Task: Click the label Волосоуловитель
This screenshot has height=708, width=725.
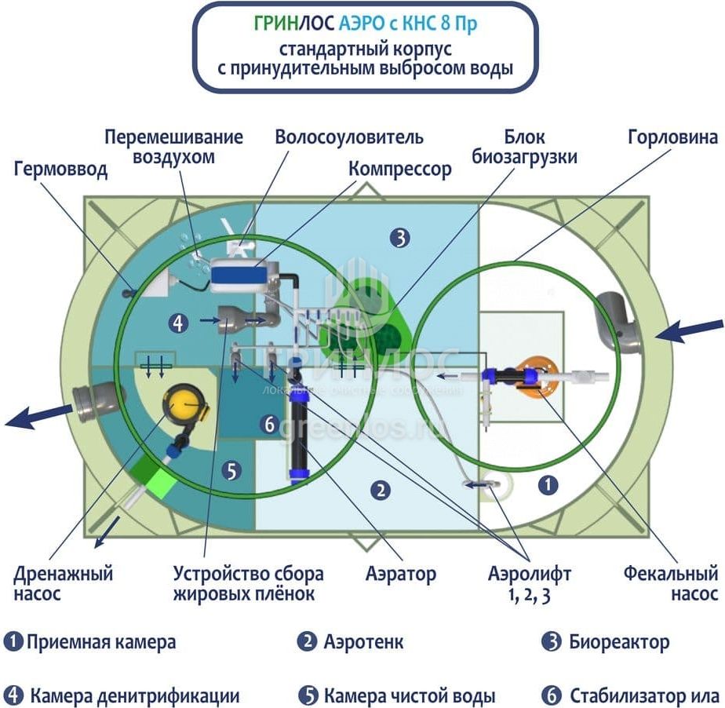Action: (348, 137)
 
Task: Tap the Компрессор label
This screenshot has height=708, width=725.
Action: (400, 169)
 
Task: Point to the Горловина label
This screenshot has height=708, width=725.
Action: (672, 137)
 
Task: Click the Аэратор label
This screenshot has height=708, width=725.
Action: (400, 574)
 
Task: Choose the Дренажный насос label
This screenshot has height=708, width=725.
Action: (63, 583)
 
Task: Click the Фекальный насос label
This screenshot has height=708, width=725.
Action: (671, 583)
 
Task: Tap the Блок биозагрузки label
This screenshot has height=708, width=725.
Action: (524, 147)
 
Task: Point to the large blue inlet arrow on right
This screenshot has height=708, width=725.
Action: (690, 330)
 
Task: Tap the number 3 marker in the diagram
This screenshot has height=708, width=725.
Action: (400, 237)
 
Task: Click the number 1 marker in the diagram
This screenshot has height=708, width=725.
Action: (548, 485)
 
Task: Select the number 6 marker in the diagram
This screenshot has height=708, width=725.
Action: (269, 425)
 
